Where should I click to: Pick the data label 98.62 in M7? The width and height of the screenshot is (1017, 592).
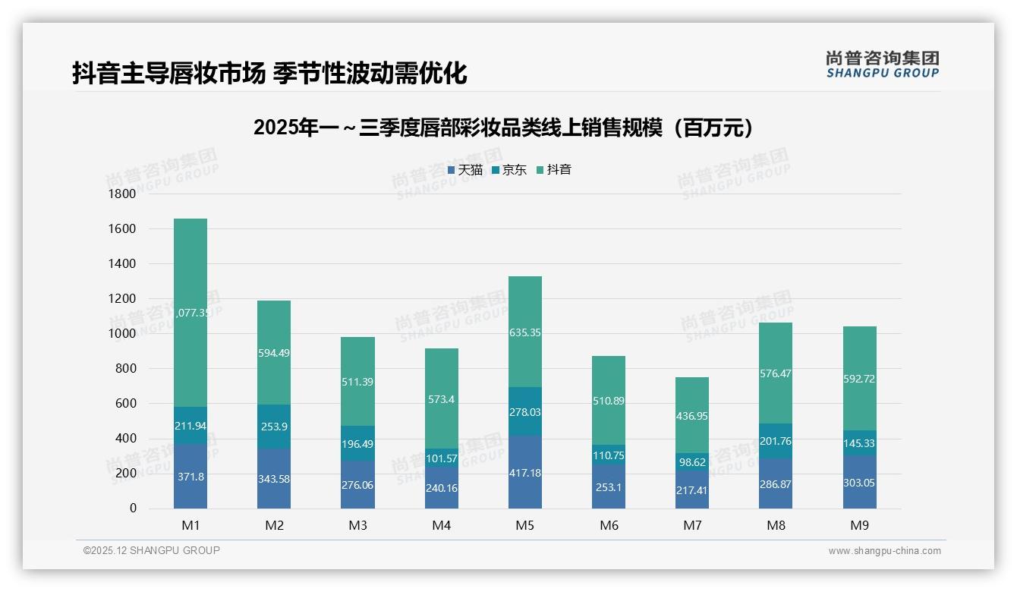click(692, 462)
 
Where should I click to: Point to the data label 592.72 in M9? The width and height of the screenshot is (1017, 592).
click(859, 379)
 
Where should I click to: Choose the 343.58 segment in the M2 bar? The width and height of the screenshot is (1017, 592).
click(274, 479)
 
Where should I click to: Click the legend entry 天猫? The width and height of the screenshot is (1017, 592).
click(465, 170)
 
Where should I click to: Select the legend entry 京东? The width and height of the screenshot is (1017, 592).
click(509, 170)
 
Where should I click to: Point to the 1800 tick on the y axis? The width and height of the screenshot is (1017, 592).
click(123, 194)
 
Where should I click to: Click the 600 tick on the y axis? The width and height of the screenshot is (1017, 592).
click(126, 404)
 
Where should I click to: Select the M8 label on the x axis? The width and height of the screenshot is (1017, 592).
click(776, 525)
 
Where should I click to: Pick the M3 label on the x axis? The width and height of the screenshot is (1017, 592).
click(357, 525)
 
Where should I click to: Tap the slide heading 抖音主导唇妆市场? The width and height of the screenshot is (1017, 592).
click(269, 74)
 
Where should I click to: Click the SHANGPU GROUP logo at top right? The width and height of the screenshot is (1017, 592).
click(882, 65)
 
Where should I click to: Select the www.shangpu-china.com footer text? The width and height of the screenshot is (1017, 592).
click(884, 551)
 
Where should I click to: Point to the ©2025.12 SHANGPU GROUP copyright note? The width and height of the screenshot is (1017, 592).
click(152, 551)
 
